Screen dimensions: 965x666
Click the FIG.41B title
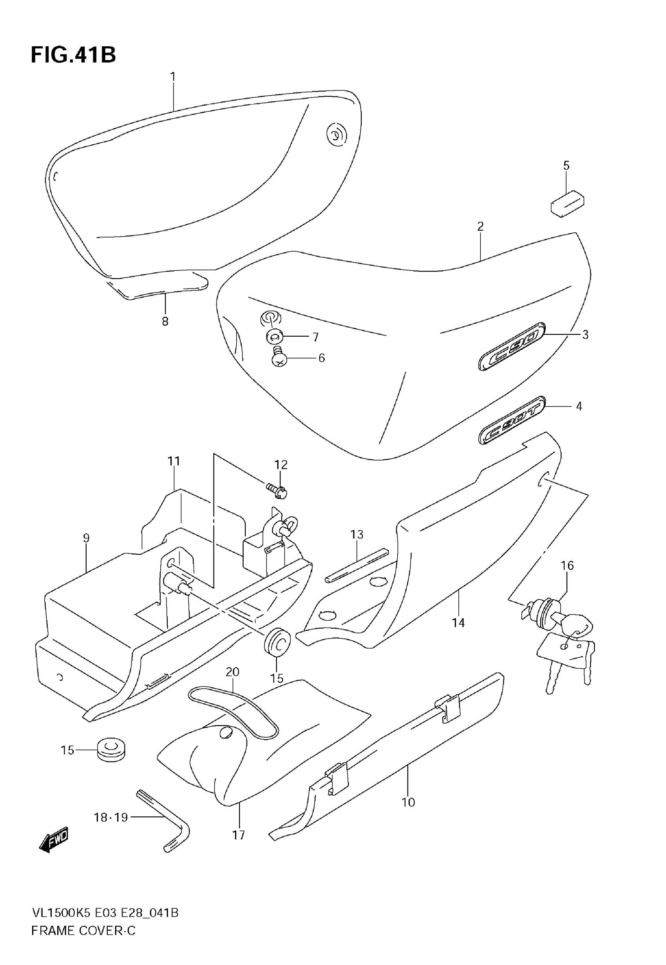click(73, 54)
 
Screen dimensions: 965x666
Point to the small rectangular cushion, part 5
click(567, 203)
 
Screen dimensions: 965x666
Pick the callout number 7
click(315, 337)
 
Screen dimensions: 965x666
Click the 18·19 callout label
click(110, 817)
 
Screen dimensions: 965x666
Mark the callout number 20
click(232, 672)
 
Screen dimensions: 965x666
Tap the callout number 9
click(86, 538)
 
